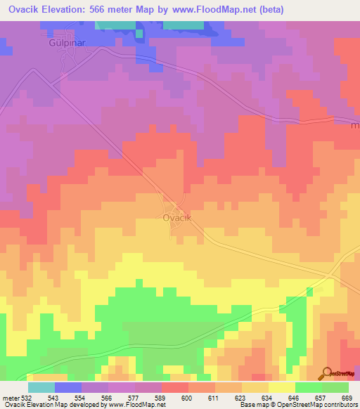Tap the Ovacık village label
click(x=177, y=218)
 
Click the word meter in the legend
click(x=10, y=397)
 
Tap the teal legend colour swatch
click(x=41, y=387)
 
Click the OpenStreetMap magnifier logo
click(x=326, y=373)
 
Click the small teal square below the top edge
click(x=139, y=32)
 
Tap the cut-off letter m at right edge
click(x=355, y=126)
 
